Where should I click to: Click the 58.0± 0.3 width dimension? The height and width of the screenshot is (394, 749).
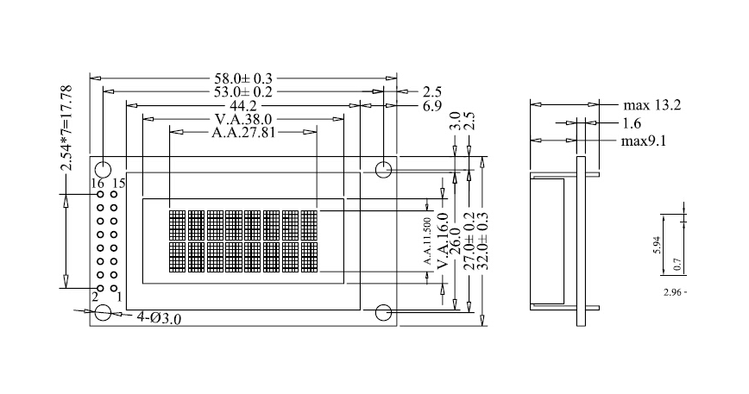click(243, 78)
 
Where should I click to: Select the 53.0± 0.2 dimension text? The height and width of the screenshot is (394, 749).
click(243, 91)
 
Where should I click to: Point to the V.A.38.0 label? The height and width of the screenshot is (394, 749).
click(243, 119)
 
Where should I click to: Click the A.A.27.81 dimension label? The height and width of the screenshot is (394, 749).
click(243, 132)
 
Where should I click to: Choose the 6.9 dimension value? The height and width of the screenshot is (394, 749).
click(432, 106)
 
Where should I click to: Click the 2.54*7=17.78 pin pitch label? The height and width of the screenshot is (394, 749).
click(66, 128)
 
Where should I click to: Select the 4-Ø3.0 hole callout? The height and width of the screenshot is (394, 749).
click(159, 317)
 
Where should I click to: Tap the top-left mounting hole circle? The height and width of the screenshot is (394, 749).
click(104, 169)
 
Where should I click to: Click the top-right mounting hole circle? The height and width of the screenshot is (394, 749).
click(384, 169)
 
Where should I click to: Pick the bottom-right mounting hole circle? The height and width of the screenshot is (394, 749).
click(384, 313)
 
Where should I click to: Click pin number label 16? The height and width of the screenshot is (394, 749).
click(98, 183)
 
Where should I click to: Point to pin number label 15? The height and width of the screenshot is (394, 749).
click(119, 183)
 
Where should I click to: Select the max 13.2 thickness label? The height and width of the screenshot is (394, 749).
click(652, 105)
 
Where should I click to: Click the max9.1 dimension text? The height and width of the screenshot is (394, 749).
click(644, 141)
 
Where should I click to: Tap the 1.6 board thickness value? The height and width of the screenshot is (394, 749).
click(632, 123)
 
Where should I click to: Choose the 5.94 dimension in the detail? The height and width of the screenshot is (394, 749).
click(657, 245)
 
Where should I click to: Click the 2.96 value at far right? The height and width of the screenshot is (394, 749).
click(672, 292)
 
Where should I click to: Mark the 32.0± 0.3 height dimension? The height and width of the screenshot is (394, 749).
click(483, 241)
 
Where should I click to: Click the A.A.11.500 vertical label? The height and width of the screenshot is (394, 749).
click(427, 241)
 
